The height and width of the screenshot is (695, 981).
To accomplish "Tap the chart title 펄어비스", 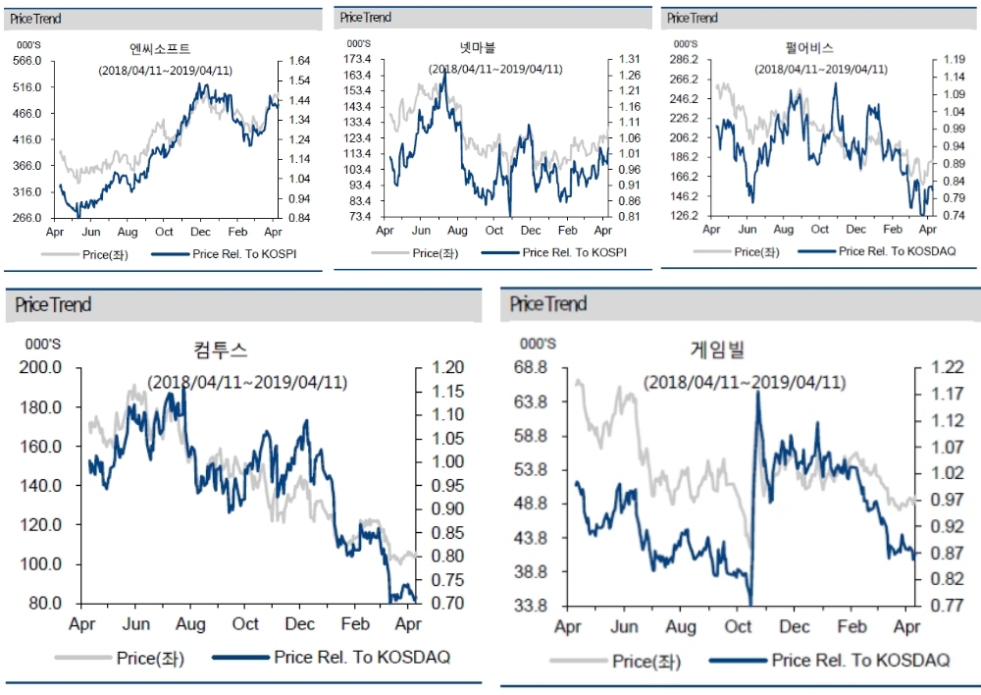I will tap(820, 47).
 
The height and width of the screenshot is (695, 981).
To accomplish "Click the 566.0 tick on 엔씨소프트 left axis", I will tap(26, 61).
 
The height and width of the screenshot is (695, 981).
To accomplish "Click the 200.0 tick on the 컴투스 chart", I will tap(42, 367).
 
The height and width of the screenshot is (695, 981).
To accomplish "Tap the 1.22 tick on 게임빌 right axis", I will tap(940, 368).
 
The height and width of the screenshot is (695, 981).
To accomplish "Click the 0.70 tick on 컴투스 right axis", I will tap(439, 603).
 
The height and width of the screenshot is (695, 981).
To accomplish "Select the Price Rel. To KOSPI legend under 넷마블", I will tap(574, 252).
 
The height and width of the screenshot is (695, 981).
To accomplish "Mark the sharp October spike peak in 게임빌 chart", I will tap(757, 393).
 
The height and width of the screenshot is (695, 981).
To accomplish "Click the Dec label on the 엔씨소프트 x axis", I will tap(201, 232).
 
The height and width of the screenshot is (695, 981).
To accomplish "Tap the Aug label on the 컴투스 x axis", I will tap(190, 624).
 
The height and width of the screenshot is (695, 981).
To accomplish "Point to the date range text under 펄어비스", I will tap(821, 69).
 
